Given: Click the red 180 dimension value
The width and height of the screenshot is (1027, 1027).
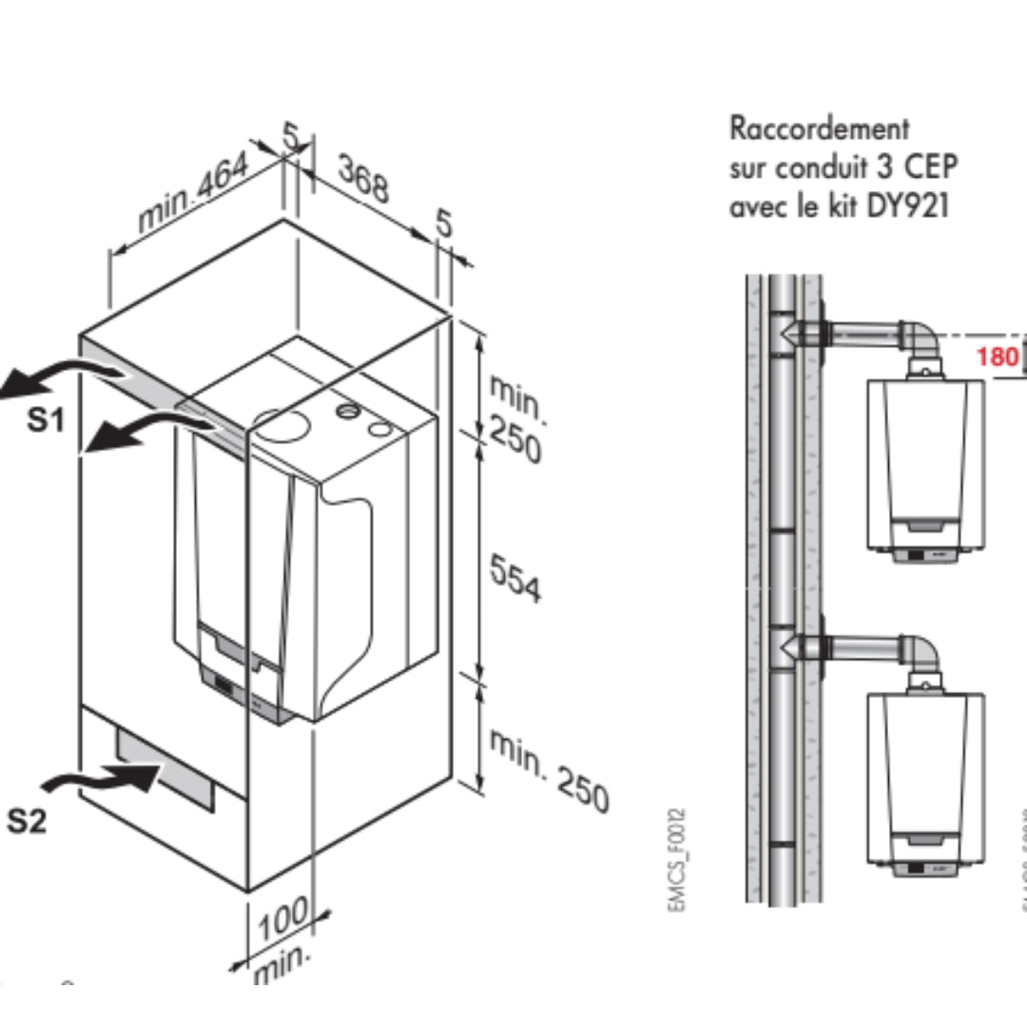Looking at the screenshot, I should pos(998,358).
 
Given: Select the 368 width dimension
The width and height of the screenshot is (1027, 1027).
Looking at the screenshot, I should pos(363,180).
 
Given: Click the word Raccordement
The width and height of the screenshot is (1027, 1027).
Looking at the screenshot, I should pos(819,127).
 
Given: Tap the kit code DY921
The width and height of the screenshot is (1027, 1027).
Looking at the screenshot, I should pos(907,206).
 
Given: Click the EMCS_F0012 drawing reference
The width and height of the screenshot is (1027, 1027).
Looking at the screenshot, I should pos(676,860).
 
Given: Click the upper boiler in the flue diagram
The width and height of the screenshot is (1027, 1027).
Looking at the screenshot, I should pos(925,466).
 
